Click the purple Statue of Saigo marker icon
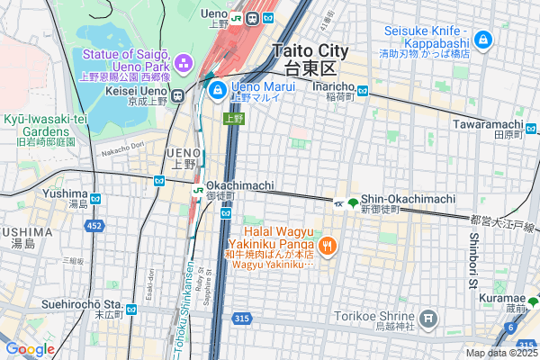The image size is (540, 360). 184,63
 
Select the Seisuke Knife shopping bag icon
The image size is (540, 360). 484,40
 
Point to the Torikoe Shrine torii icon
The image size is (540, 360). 428,318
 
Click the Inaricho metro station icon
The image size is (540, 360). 362,90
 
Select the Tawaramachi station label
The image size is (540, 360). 489,124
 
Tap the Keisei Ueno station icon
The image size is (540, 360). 178,95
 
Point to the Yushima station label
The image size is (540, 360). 65,193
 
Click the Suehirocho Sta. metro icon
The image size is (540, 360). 131,309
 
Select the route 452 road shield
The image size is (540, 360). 94,226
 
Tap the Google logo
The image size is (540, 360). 30,348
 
